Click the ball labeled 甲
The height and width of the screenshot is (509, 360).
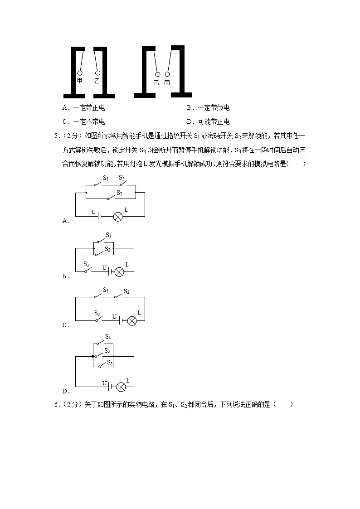(x=80, y=73)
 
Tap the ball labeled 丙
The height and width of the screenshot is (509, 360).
(x=168, y=74)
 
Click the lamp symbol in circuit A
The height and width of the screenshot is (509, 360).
(x=118, y=216)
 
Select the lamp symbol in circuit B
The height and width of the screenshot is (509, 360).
(x=119, y=272)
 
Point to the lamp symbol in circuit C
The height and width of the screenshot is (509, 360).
(x=132, y=321)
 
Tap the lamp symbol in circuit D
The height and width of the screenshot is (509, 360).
(x=121, y=387)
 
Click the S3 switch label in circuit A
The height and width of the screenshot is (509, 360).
(x=122, y=178)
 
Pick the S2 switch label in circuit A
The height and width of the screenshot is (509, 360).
(x=119, y=193)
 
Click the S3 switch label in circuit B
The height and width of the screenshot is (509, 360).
(x=86, y=264)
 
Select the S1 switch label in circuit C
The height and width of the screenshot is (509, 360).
(x=105, y=290)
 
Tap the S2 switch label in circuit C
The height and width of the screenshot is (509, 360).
(x=126, y=291)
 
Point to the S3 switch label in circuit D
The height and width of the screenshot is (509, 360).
(x=110, y=362)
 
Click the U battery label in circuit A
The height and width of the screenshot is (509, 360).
(x=93, y=212)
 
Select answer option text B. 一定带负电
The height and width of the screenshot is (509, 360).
(x=208, y=108)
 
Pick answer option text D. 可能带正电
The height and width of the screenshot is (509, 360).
(x=208, y=121)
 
